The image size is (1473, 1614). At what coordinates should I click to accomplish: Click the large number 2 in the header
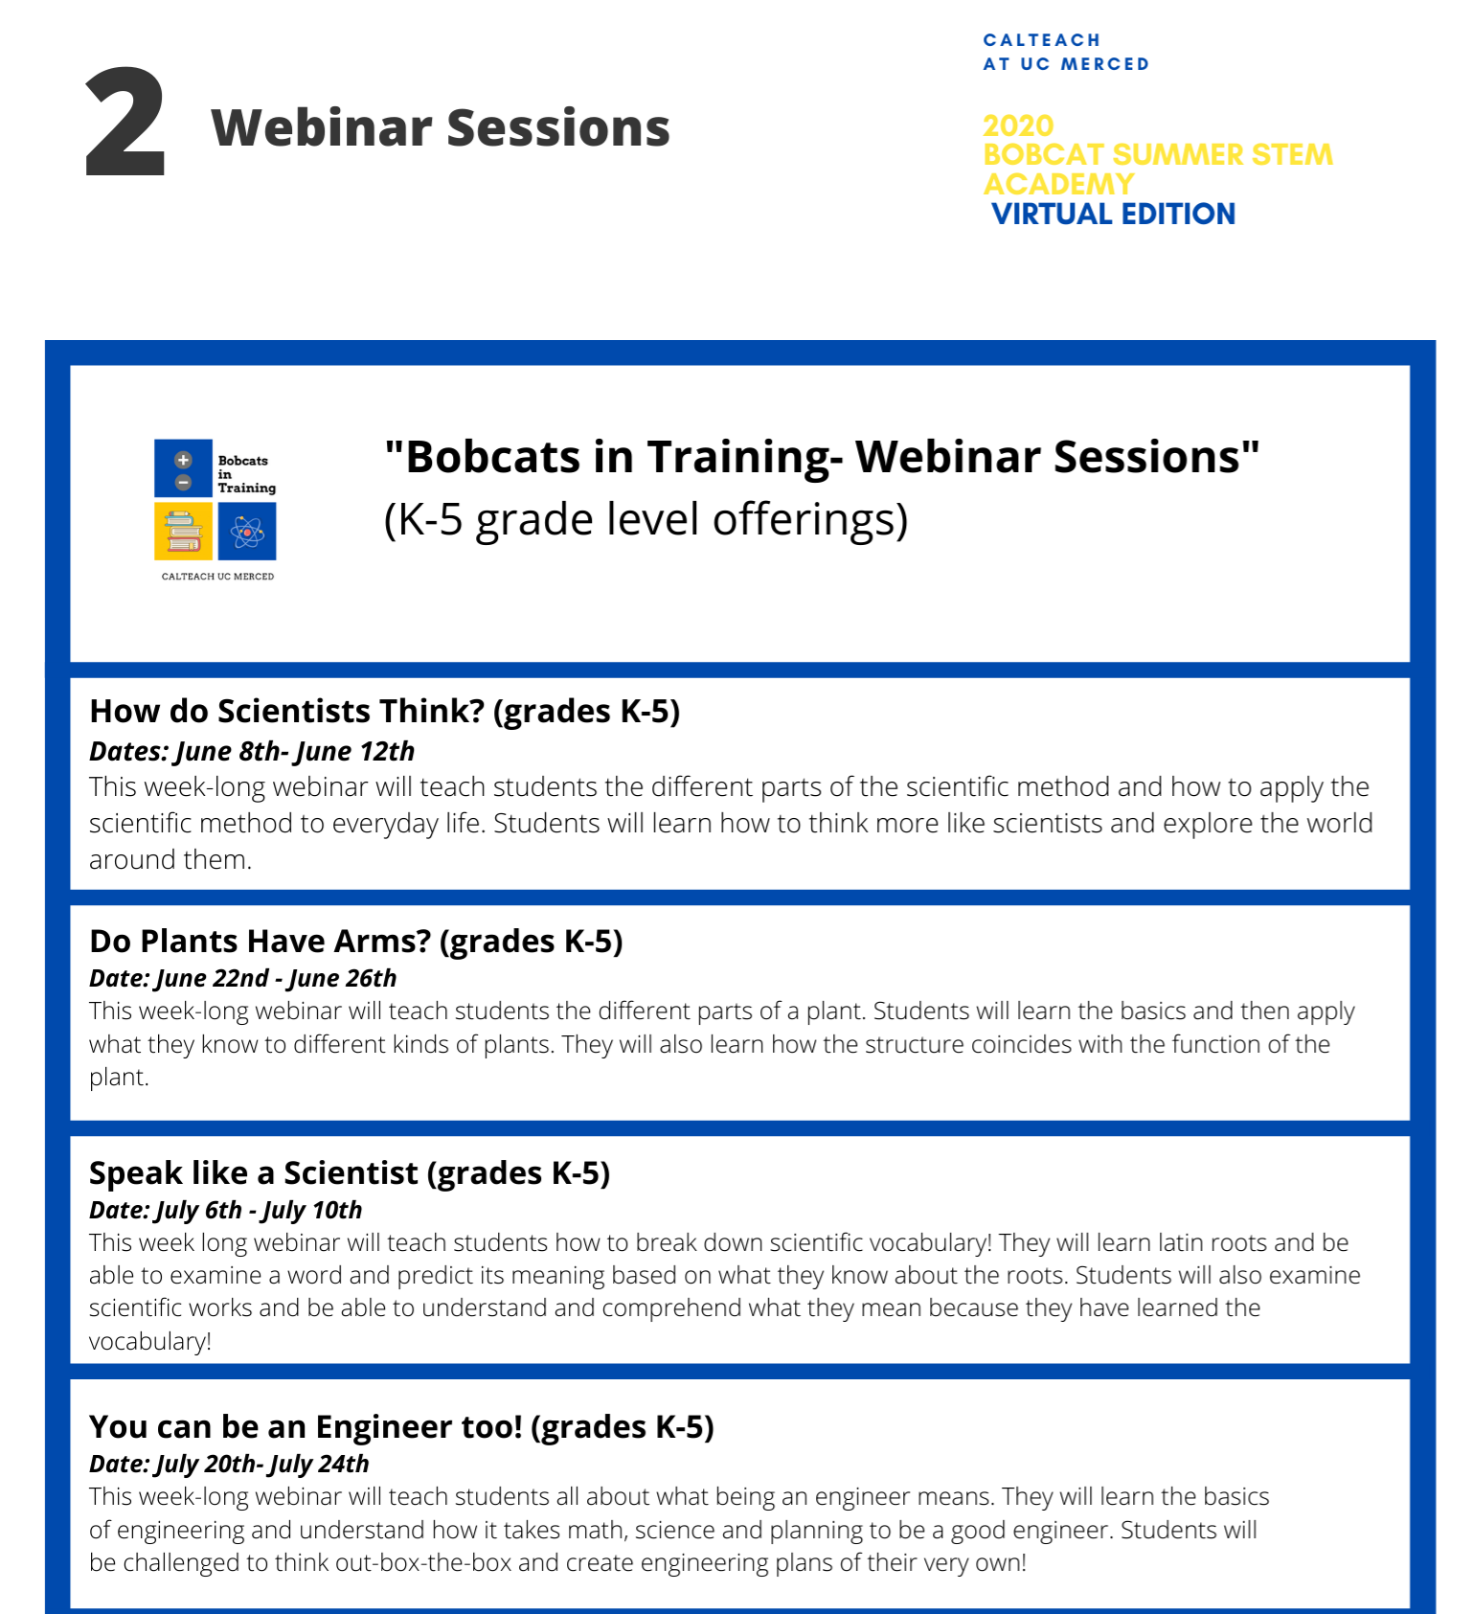(x=125, y=123)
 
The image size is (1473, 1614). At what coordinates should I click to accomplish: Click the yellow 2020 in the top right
(x=1018, y=125)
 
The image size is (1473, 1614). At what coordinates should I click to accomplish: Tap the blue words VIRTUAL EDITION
(x=1114, y=214)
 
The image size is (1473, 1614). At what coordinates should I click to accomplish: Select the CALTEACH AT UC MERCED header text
(x=1066, y=52)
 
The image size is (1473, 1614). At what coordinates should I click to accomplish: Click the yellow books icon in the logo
(x=183, y=532)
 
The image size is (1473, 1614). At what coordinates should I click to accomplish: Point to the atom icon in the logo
(x=247, y=532)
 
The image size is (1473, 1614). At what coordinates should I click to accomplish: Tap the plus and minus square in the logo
(x=183, y=468)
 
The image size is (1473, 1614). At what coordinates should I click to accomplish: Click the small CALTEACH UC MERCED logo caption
(x=217, y=577)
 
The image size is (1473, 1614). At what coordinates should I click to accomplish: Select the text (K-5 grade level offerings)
(x=646, y=520)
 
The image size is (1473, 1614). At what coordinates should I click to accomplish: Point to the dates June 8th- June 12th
(x=295, y=751)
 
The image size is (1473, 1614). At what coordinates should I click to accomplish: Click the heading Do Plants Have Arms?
(x=261, y=942)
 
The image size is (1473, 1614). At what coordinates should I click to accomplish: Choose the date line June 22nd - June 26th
(x=276, y=978)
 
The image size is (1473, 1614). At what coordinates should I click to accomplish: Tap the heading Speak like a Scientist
(x=254, y=1173)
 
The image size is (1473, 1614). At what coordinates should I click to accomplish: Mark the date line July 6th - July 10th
(x=259, y=1210)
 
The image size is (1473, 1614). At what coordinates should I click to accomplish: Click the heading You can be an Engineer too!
(x=306, y=1427)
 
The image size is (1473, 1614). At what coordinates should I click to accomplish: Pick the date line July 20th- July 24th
(x=262, y=1464)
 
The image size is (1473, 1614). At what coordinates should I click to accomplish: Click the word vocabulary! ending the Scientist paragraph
(x=150, y=1341)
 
